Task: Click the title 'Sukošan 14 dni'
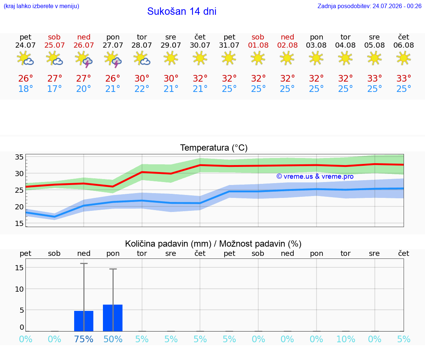pos(182,11)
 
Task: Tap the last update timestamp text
pos(369,6)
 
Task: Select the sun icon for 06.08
pos(404,58)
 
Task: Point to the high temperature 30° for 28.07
pos(142,78)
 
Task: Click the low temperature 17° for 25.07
pos(55,89)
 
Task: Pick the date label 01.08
pos(258,45)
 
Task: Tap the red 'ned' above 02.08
pos(287,37)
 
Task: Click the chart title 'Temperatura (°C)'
pos(214,148)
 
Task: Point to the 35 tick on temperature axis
pos(19,157)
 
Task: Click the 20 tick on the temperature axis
pos(19,207)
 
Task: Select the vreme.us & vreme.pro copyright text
pos(315,176)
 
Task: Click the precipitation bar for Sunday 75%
pos(84,321)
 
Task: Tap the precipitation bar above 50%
pos(113,318)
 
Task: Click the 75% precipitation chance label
pos(84,339)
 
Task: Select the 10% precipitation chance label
pos(346,339)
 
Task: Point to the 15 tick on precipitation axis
pos(19,268)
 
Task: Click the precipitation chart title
pos(213,244)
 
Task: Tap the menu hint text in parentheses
pos(41,6)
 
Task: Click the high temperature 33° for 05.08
pos(374,78)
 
